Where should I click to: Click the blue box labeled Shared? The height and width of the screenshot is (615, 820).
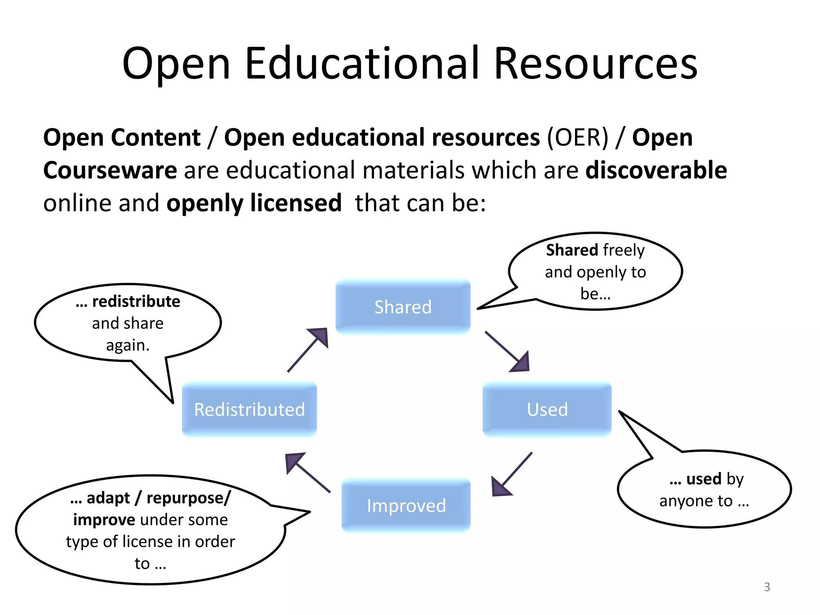pyautogui.click(x=403, y=307)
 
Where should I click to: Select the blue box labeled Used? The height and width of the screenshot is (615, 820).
pyautogui.click(x=547, y=409)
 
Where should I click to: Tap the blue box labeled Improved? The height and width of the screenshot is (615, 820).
pyautogui.click(x=406, y=505)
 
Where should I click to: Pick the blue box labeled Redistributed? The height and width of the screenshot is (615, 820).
pyautogui.click(x=249, y=409)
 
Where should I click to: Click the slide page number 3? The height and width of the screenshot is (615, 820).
pyautogui.click(x=767, y=587)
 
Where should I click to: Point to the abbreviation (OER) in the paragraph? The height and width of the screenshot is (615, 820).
pyautogui.click(x=578, y=138)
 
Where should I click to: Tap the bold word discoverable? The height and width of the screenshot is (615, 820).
pyautogui.click(x=656, y=170)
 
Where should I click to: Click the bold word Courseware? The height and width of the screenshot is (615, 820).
pyautogui.click(x=110, y=170)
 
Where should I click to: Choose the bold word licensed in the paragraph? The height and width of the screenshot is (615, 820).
pyautogui.click(x=296, y=203)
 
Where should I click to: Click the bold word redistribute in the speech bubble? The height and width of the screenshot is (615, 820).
pyautogui.click(x=136, y=301)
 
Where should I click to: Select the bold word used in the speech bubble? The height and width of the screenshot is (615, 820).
pyautogui.click(x=703, y=479)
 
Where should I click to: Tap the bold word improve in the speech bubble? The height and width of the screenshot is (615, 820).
pyautogui.click(x=104, y=520)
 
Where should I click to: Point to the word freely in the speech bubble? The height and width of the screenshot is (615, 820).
pyautogui.click(x=623, y=250)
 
